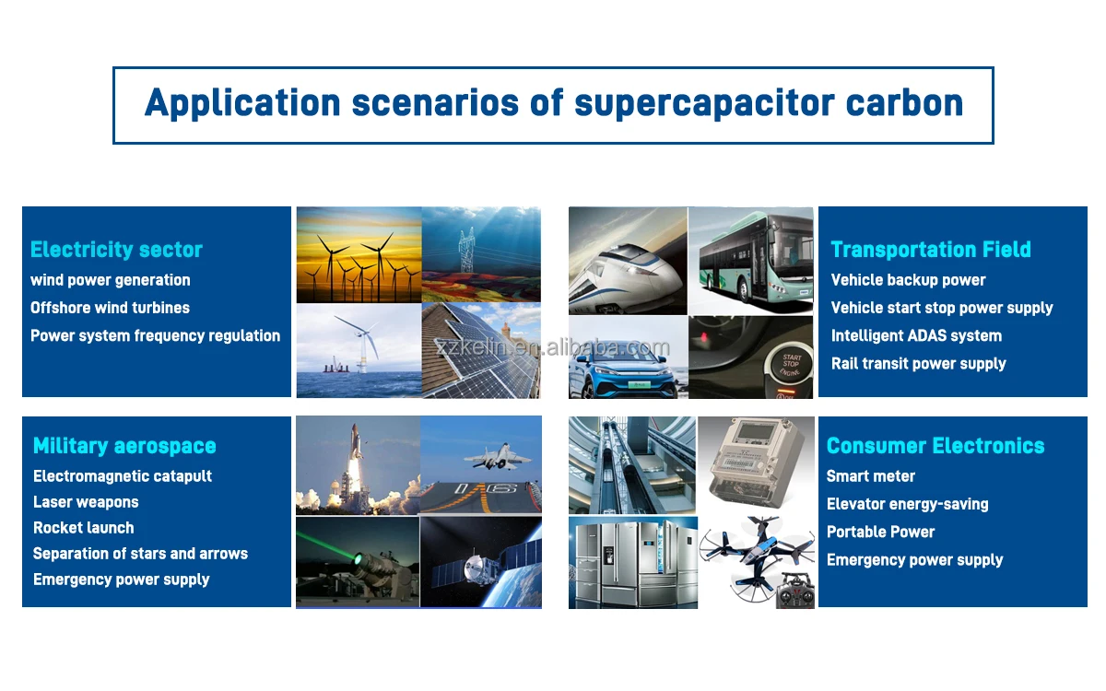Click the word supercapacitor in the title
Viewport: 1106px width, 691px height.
tap(704, 104)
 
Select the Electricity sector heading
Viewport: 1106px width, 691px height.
tap(116, 250)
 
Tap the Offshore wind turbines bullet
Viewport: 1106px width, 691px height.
tap(110, 308)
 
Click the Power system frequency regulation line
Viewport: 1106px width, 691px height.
tap(155, 336)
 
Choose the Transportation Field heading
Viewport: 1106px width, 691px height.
tap(931, 250)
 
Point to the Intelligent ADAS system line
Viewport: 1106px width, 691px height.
tap(916, 336)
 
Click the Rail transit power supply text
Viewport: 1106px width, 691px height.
tap(918, 364)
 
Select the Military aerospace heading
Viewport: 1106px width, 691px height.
tap(124, 446)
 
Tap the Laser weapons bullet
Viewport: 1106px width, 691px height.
tap(86, 502)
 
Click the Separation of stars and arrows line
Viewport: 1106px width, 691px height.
tap(140, 554)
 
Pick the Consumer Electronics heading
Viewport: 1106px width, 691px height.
tap(935, 446)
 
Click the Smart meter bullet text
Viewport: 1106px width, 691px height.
tap(870, 476)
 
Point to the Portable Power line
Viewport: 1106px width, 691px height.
tap(880, 533)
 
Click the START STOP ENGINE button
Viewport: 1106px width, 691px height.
tap(789, 365)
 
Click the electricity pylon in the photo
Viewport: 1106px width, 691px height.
tap(466, 251)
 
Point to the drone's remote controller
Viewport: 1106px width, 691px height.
tap(795, 591)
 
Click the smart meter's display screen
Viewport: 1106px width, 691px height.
tap(754, 433)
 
